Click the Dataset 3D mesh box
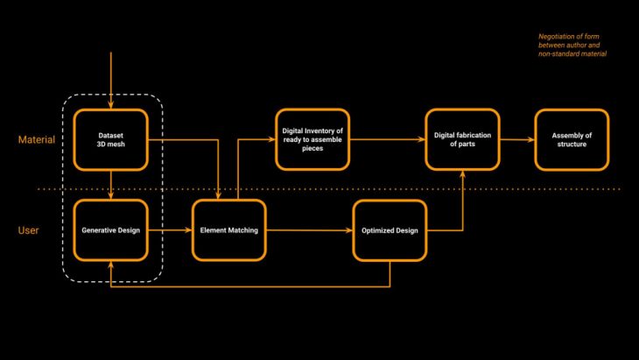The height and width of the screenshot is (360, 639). click(110, 139)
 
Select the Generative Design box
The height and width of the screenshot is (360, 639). click(110, 230)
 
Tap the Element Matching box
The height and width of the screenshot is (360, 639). click(228, 230)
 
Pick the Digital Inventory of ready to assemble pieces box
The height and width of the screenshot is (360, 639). click(312, 139)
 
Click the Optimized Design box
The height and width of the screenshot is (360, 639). click(390, 230)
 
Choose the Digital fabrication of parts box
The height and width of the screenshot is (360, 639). click(462, 139)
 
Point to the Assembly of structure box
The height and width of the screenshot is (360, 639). click(571, 139)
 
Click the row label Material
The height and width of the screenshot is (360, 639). click(37, 140)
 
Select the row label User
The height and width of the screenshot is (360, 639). click(29, 230)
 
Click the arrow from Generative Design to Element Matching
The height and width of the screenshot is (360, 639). click(169, 230)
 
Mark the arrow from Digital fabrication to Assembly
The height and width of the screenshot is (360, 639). click(516, 139)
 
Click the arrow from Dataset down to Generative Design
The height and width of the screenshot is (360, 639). click(110, 184)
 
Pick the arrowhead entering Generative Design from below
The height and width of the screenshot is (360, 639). click(110, 265)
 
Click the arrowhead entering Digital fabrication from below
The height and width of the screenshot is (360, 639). click(462, 173)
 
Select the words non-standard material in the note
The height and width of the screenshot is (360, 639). click(572, 54)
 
